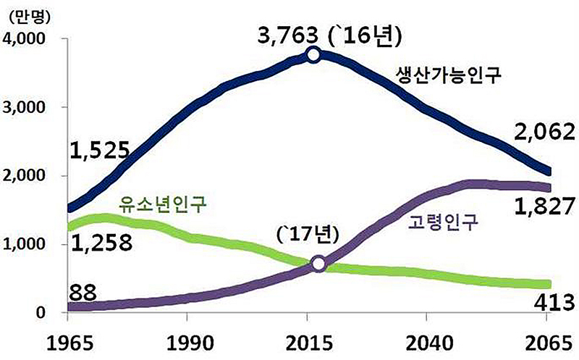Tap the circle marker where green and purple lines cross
pos(318,264)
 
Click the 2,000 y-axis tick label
pos(27,176)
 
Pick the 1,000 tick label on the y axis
pos(27,245)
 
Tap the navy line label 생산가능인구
pos(449,75)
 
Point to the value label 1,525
pos(99,151)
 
